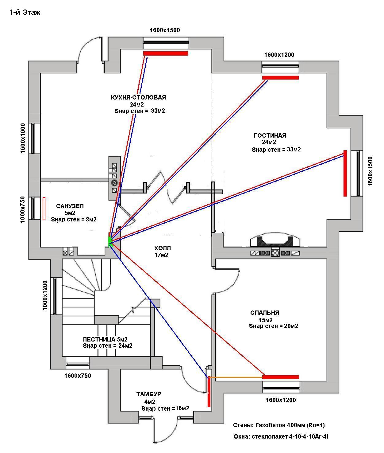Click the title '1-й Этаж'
[x=25, y=13]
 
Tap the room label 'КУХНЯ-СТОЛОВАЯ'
[x=138, y=97]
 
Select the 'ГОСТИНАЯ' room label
[x=270, y=135]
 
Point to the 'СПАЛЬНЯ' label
[x=265, y=313]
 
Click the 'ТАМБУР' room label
[x=149, y=394]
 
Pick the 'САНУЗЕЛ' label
[x=70, y=206]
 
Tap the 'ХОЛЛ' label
[x=162, y=248]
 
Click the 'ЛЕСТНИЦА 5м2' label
[x=105, y=339]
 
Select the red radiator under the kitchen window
[x=165, y=53]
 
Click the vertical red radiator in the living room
[x=345, y=173]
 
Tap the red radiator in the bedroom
[x=280, y=377]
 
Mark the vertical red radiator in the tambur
[x=209, y=392]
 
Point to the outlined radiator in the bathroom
[x=44, y=209]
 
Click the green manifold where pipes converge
[x=109, y=240]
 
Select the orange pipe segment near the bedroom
[x=236, y=377]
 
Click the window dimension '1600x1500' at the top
[x=165, y=30]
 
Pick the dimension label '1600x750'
[x=78, y=376]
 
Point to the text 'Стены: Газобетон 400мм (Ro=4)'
[x=278, y=425]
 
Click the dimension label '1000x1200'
[x=45, y=295]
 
